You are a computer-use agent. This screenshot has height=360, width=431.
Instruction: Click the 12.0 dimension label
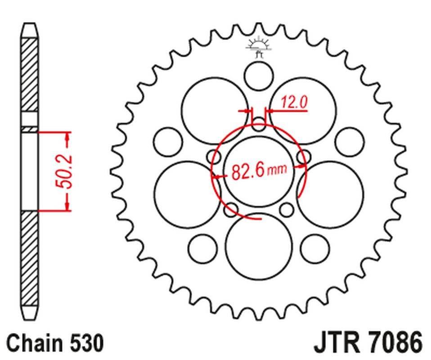click(x=294, y=103)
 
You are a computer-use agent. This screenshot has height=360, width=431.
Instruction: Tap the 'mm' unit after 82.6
click(x=278, y=171)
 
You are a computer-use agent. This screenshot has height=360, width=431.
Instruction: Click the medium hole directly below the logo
click(x=258, y=76)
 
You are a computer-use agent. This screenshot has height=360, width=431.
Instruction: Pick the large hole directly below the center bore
click(x=258, y=245)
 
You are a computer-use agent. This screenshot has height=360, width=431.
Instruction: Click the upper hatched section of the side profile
click(x=30, y=74)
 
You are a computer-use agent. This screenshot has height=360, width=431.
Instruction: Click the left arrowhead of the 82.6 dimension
click(x=216, y=177)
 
